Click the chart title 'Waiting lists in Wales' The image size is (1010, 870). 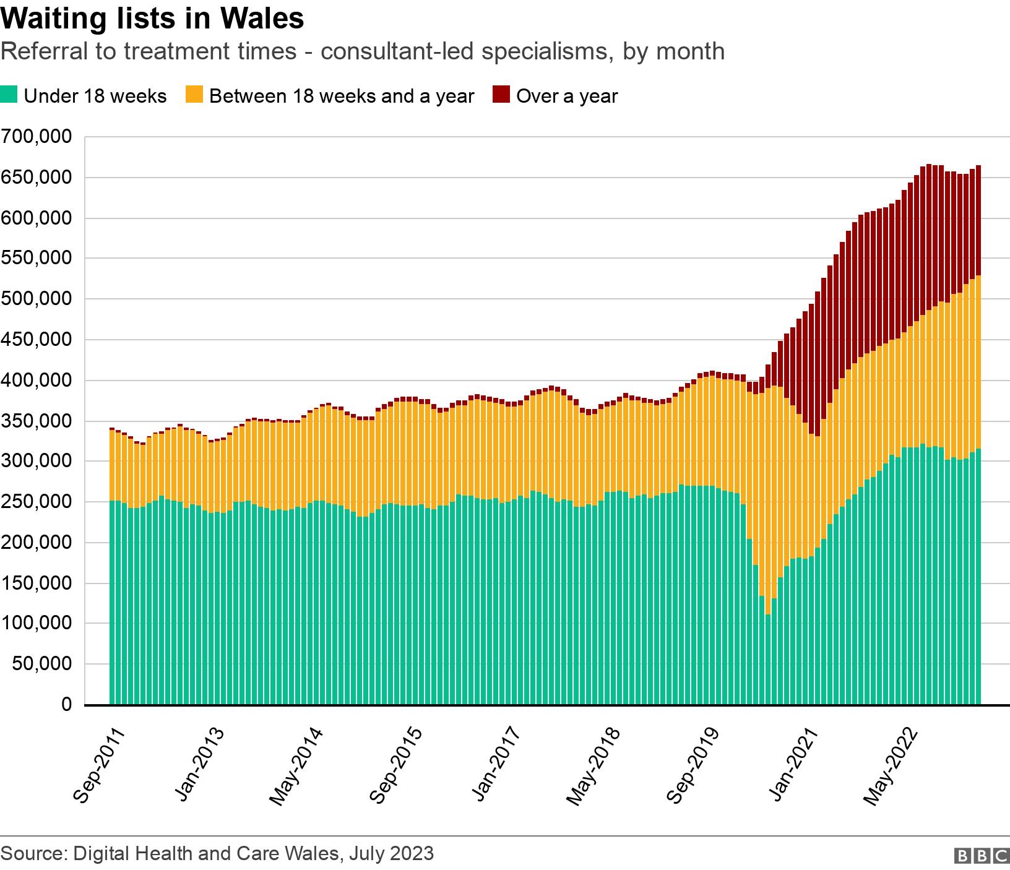click(152, 18)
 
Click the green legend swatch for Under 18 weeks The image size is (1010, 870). click(11, 96)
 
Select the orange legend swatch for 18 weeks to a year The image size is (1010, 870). click(194, 96)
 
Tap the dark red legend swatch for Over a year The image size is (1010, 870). click(501, 96)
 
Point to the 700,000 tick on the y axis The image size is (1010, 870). click(38, 137)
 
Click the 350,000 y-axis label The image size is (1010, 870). click(38, 421)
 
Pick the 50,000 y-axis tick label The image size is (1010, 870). click(43, 665)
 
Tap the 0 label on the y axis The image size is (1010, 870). click(66, 705)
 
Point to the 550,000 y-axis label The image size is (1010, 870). click(38, 259)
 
